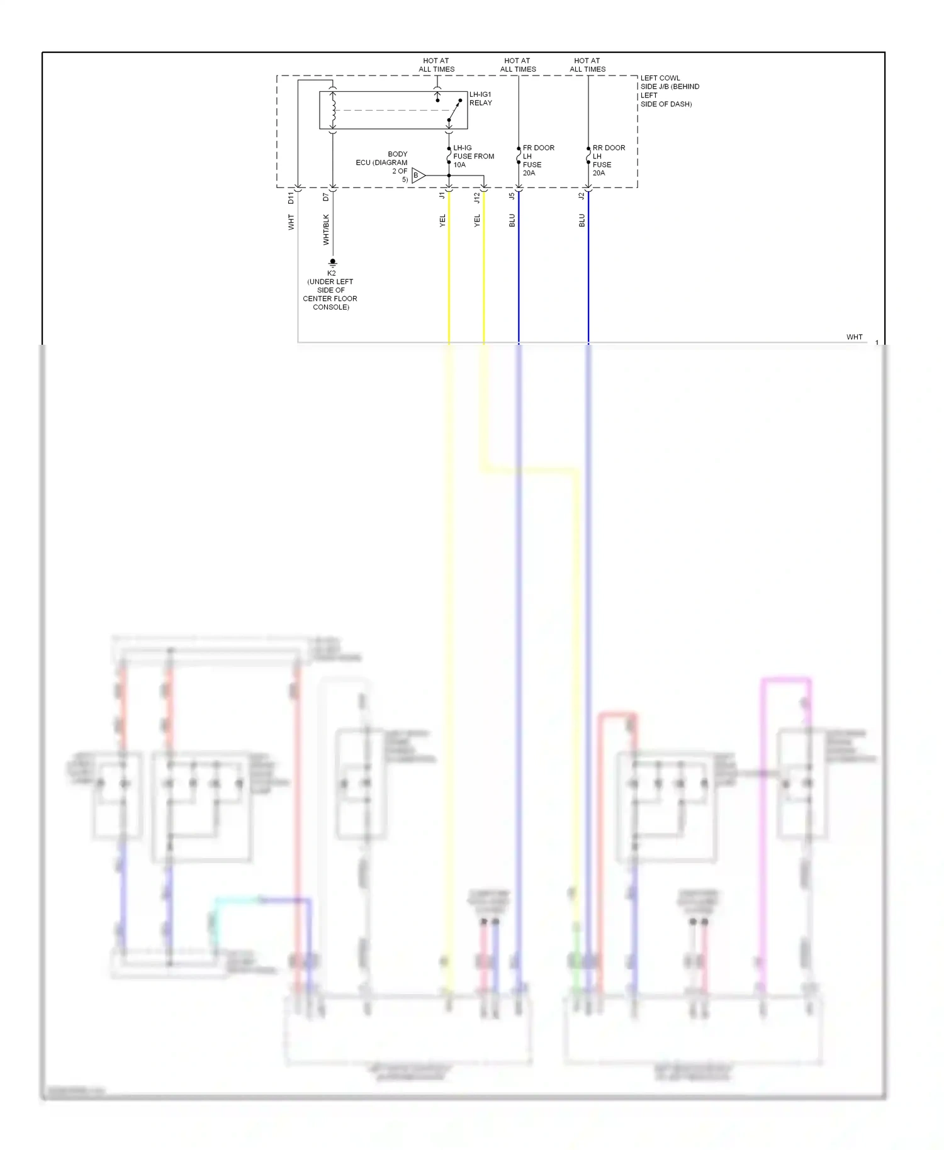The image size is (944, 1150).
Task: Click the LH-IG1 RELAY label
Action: click(480, 99)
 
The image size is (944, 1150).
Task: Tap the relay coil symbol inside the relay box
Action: click(333, 110)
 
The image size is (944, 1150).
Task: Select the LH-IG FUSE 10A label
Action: click(473, 156)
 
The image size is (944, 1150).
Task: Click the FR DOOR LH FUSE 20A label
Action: click(538, 160)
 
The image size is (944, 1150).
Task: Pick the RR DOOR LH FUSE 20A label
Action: click(608, 160)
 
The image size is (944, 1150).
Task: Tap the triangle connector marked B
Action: click(418, 176)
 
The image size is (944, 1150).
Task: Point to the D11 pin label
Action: click(291, 198)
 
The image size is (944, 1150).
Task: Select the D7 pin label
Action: click(325, 197)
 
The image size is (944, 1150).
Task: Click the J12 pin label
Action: click(477, 198)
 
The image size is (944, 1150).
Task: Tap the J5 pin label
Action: click(512, 196)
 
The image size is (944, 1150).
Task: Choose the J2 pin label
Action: click(582, 196)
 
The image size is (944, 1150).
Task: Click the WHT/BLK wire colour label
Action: click(326, 230)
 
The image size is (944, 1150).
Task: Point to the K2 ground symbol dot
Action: click(333, 261)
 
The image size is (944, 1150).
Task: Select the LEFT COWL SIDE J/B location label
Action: click(669, 91)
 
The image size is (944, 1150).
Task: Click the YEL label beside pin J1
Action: click(442, 220)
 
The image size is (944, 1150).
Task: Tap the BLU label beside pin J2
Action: click(582, 220)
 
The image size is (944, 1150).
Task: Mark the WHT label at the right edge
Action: click(854, 337)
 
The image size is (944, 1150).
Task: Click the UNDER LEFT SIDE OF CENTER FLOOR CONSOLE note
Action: click(330, 294)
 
